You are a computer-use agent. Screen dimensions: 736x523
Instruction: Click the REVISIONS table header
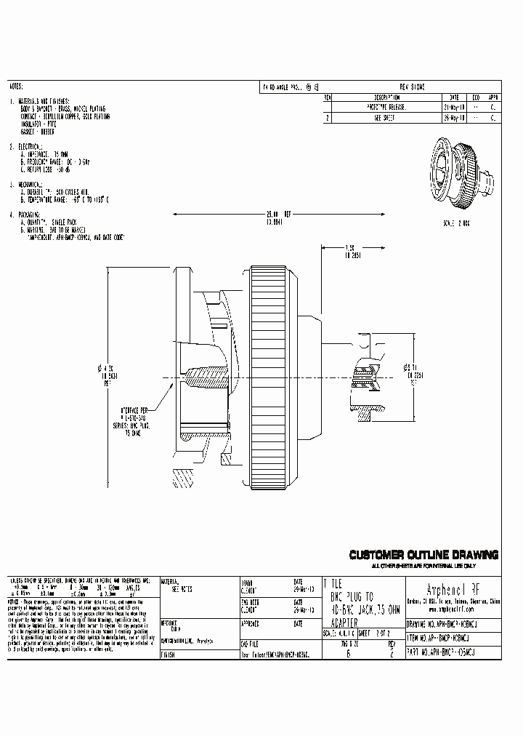[413, 87]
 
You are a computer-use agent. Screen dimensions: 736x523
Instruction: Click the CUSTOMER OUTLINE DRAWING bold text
[424, 556]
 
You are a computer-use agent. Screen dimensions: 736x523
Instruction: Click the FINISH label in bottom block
[169, 654]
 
